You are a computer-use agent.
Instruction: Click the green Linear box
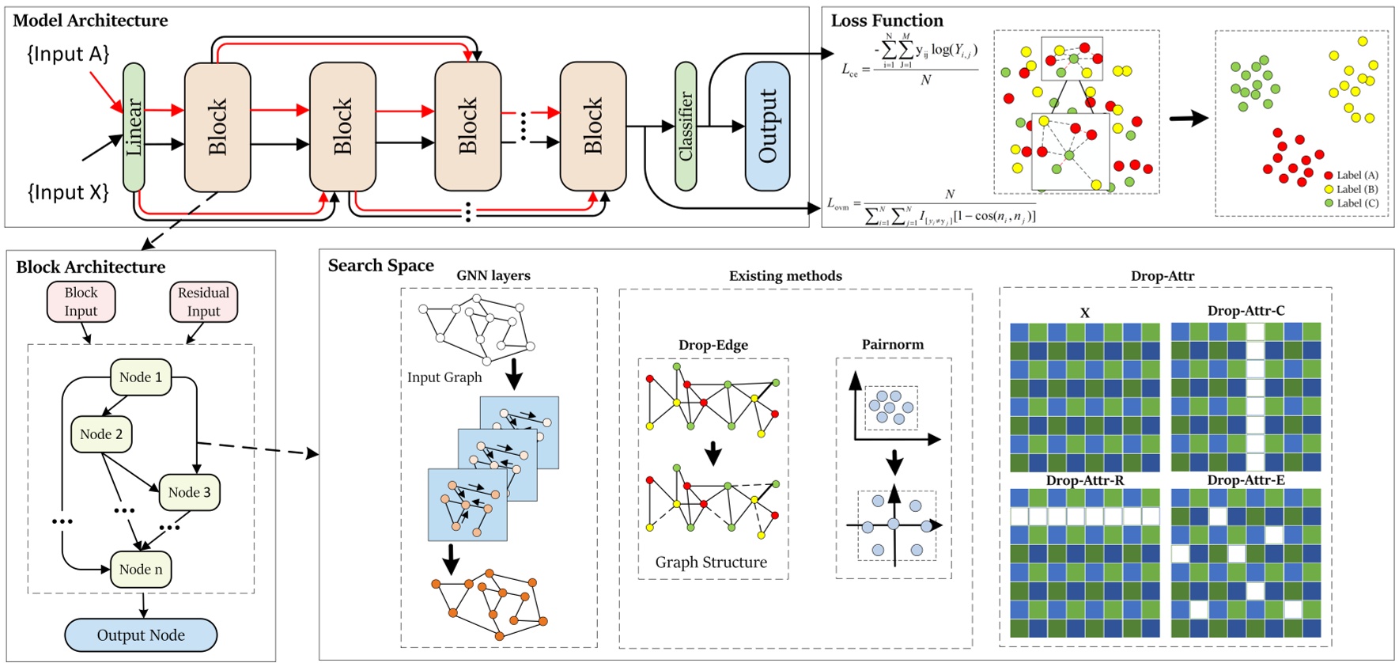[x=134, y=127]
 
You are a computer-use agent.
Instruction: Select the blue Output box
[x=767, y=127]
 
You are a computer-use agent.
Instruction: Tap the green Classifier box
[x=685, y=127]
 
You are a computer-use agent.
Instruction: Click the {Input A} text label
[x=68, y=54]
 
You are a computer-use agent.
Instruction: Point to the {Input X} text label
[x=68, y=192]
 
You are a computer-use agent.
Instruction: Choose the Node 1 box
[x=141, y=377]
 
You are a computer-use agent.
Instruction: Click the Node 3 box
[x=190, y=492]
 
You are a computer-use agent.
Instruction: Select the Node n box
[x=141, y=570]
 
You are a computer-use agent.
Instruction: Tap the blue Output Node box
[x=141, y=635]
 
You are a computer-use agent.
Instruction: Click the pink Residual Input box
[x=203, y=301]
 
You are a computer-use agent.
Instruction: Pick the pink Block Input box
[x=81, y=301]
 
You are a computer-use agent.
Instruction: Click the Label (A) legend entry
[x=1356, y=176]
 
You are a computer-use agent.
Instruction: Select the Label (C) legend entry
[x=1356, y=203]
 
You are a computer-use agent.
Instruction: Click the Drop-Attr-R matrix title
[x=1084, y=480]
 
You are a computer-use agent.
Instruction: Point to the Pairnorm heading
[x=892, y=344]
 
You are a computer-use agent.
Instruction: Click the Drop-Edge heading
[x=713, y=345]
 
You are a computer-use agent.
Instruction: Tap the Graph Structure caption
[x=711, y=563]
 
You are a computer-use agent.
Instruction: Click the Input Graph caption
[x=444, y=377]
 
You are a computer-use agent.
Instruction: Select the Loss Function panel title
[x=887, y=21]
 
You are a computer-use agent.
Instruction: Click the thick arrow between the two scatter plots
[x=1188, y=119]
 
